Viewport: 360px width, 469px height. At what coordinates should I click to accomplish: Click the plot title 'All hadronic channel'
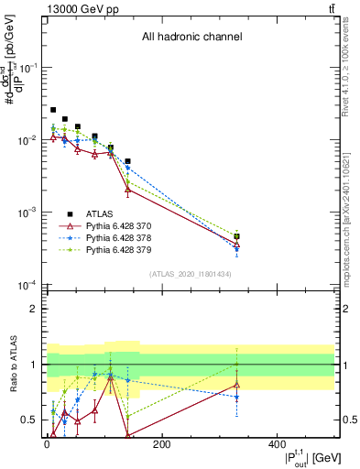(191, 38)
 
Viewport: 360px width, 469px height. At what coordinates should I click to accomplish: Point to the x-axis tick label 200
(161, 443)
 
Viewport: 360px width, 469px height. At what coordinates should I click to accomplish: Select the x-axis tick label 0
(46, 443)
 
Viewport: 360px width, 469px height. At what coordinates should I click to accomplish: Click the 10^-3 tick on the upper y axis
(30, 213)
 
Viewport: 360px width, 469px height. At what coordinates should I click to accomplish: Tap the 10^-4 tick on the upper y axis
(30, 285)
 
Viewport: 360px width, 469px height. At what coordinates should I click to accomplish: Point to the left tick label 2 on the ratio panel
(33, 309)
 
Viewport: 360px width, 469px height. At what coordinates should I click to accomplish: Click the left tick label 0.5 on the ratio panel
(30, 420)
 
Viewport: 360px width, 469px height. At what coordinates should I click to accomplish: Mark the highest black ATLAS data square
(53, 110)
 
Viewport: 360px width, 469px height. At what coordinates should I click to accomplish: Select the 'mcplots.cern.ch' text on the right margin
(353, 247)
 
